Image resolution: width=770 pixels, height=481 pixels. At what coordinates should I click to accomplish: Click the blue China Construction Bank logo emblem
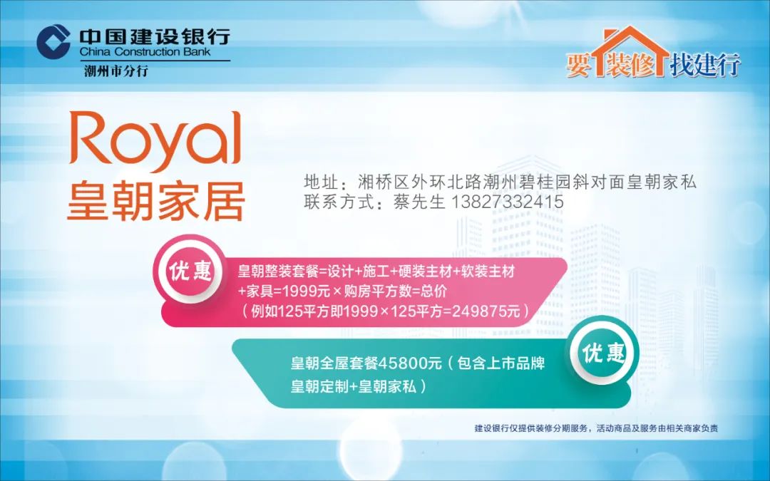point(53,42)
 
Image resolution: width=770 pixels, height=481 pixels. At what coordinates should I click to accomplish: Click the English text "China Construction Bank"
point(145,52)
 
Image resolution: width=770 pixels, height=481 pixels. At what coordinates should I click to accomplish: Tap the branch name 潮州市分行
point(116,71)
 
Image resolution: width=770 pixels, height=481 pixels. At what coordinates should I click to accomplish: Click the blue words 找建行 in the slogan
point(705,64)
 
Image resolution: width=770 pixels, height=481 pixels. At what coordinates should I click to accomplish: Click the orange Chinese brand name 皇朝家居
point(155,201)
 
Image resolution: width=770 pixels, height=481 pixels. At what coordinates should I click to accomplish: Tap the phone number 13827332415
point(506,201)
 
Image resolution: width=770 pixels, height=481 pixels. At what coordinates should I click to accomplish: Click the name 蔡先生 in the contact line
point(419,201)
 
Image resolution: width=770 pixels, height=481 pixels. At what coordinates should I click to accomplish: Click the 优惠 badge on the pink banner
point(190,271)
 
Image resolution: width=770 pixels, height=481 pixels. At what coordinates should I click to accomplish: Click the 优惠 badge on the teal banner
point(603,352)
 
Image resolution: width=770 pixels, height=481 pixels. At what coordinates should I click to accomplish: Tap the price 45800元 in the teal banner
point(410,363)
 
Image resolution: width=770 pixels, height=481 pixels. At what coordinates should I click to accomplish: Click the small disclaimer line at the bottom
point(596,428)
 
